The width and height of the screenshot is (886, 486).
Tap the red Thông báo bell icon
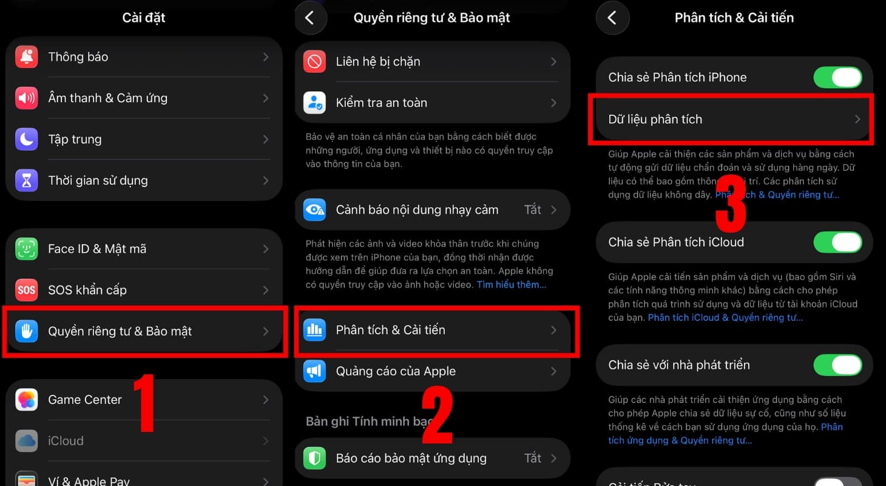pos(27,57)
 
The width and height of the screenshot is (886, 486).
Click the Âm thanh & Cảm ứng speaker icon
pos(27,98)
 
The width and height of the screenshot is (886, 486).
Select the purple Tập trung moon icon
pos(27,140)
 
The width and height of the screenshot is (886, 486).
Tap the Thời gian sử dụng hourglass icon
pos(27,180)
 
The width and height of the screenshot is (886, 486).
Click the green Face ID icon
pos(27,249)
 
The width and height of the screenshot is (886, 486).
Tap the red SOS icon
pos(27,290)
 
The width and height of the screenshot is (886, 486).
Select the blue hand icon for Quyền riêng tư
pos(27,332)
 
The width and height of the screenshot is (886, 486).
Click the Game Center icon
pos(27,400)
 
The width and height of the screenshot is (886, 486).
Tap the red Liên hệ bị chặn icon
pos(314,62)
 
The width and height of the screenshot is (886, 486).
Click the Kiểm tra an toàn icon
pos(314,103)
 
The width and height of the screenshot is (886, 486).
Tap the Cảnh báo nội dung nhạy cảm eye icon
pos(314,210)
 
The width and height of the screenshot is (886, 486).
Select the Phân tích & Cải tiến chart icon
pos(314,330)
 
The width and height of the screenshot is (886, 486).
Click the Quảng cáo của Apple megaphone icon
pos(314,371)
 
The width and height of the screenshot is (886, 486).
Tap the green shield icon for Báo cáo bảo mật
pos(314,459)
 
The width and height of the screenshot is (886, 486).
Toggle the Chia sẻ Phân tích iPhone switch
pos(837,78)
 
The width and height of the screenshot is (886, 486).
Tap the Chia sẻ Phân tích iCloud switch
pos(837,242)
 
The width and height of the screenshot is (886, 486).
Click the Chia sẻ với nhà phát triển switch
pos(837,365)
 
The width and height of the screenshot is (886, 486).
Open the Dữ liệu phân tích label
pos(655,120)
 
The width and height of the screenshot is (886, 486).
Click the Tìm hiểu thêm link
pos(511,284)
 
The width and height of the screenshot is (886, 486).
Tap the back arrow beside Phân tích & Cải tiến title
pos(612,18)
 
